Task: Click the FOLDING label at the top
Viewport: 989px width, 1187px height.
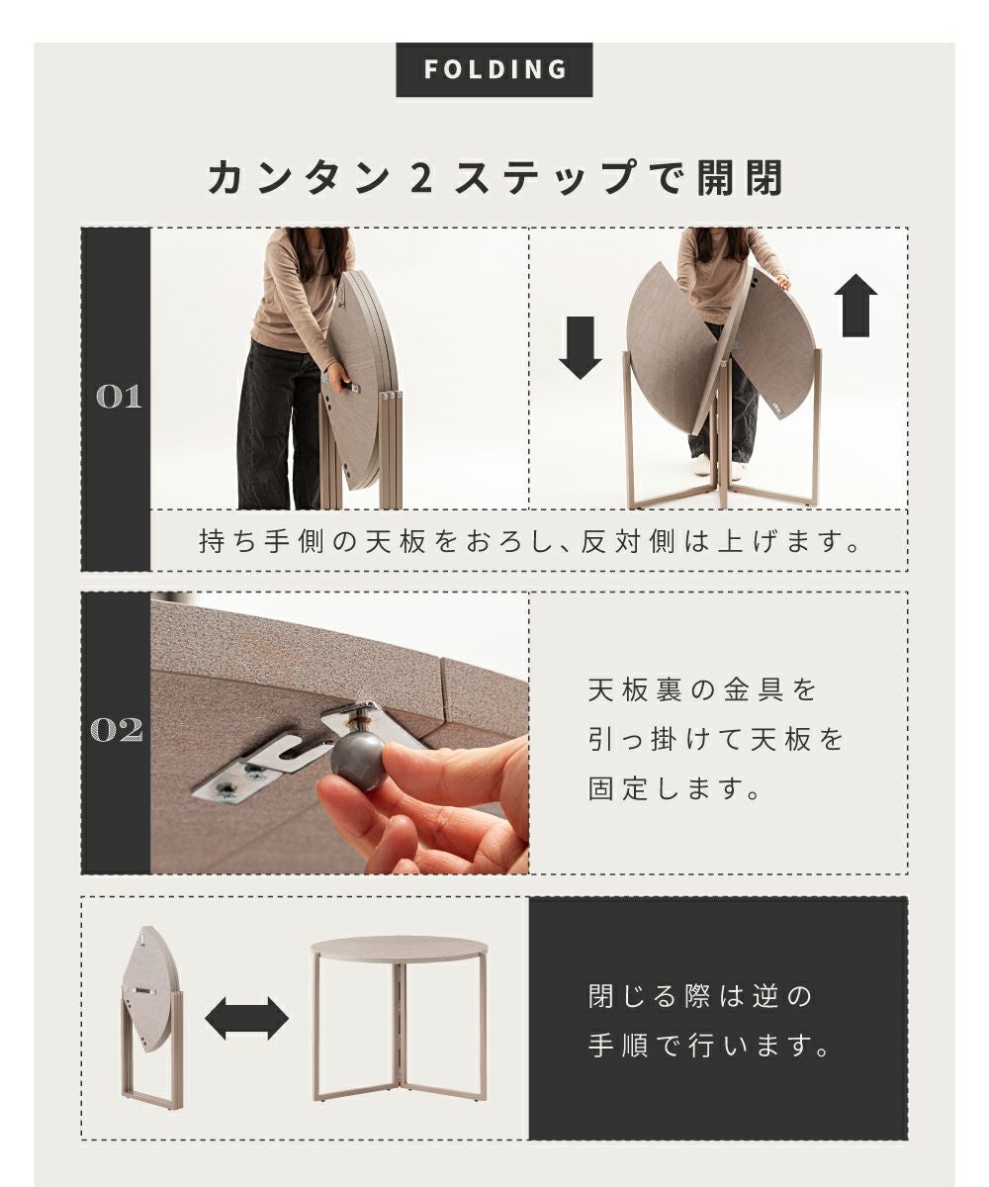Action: click(x=494, y=69)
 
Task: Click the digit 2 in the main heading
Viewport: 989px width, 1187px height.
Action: click(x=422, y=178)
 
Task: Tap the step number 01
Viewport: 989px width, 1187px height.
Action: click(x=119, y=397)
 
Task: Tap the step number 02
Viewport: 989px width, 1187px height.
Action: click(x=117, y=729)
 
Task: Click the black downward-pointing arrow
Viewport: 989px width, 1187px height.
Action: click(x=581, y=347)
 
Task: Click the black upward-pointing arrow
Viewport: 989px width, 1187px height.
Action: click(x=856, y=306)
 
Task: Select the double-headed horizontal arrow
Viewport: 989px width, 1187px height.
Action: click(x=246, y=1018)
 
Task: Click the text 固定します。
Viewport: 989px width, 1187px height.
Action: click(x=674, y=788)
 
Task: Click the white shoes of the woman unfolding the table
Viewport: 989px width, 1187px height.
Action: click(x=717, y=465)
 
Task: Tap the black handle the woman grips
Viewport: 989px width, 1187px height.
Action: click(x=348, y=386)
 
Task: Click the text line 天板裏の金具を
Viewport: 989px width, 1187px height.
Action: click(x=702, y=690)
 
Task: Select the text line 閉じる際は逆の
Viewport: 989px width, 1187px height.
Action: click(x=700, y=995)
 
